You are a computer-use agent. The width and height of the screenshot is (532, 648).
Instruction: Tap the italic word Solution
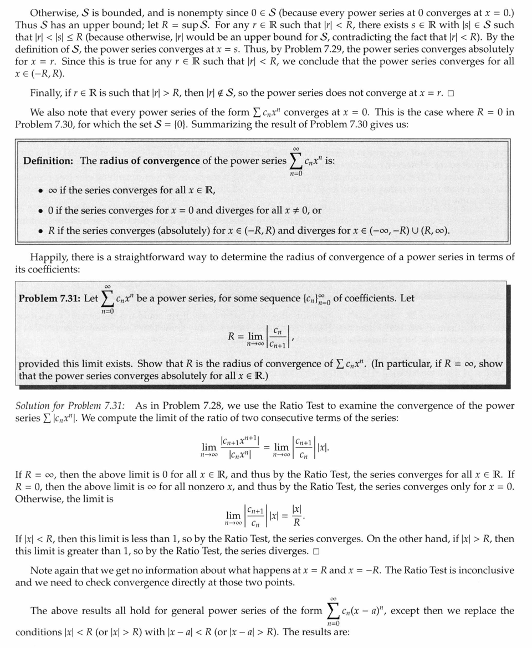34,406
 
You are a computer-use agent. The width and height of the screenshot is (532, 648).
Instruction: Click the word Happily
48,257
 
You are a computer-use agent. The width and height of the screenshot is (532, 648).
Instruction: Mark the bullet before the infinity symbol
41,191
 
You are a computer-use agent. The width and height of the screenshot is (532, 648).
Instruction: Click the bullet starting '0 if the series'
41,210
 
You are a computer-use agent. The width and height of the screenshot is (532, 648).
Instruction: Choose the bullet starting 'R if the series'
41,230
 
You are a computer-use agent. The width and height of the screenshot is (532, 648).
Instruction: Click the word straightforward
177,257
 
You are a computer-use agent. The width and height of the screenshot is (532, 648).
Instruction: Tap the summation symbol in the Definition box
296,160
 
